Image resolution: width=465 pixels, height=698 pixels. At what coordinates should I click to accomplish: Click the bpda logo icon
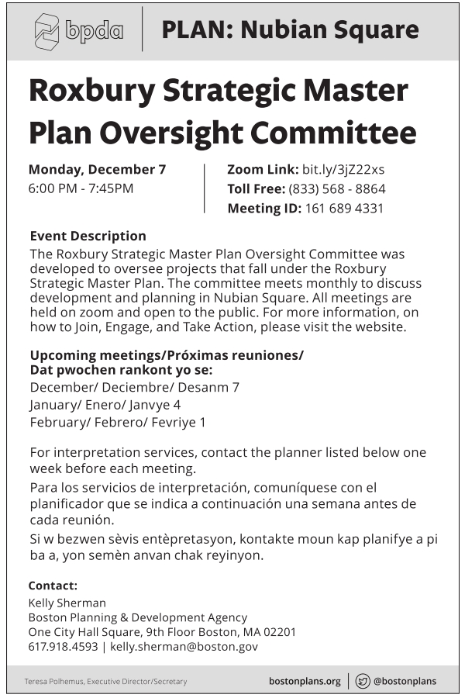tap(47, 31)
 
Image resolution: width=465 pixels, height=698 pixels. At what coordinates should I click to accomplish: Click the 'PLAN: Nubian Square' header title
tap(290, 30)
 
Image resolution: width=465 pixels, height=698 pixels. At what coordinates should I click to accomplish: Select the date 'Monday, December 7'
tap(97, 169)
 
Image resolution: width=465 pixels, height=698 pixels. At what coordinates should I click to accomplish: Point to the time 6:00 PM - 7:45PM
tap(81, 188)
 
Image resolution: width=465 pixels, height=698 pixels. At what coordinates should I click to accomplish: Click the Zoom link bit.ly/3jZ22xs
tap(343, 169)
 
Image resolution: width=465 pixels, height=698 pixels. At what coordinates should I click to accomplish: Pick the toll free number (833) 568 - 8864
tap(337, 188)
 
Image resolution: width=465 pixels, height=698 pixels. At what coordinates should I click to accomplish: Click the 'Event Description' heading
tap(88, 236)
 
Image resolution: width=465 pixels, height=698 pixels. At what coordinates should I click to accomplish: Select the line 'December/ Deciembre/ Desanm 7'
tap(134, 387)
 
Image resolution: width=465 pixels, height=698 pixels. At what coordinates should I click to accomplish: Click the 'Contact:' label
tap(53, 586)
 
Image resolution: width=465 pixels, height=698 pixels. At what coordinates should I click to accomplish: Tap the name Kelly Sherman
tap(67, 603)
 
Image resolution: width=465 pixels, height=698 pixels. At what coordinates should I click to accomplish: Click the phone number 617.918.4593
tap(63, 646)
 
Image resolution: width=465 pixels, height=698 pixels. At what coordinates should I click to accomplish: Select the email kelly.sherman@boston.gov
tap(184, 646)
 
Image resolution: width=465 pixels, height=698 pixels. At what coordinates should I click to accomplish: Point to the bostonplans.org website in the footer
tap(305, 681)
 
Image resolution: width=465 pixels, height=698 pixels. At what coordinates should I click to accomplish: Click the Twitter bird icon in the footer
tap(363, 681)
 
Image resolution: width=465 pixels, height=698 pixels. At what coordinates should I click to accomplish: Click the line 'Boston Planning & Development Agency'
tap(137, 617)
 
